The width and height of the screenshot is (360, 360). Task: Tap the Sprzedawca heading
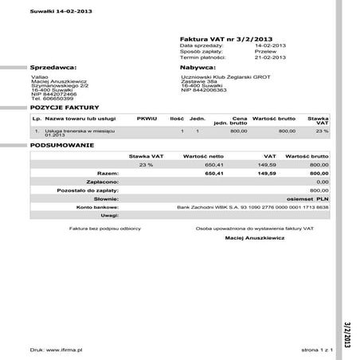[53, 68]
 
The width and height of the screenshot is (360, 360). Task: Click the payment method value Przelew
[265, 52]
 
